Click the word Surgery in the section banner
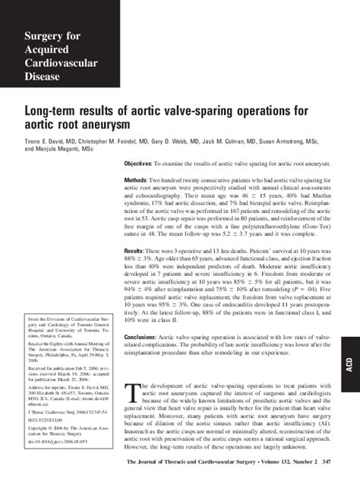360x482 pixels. click(x=43, y=36)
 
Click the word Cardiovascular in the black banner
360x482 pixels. click(x=60, y=63)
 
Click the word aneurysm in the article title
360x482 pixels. click(x=92, y=124)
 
